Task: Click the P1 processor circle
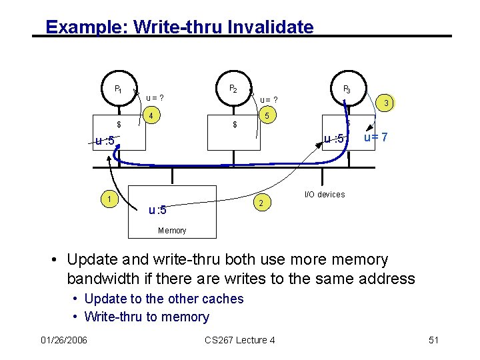(x=118, y=89)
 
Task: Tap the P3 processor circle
(x=347, y=89)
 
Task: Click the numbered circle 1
(x=106, y=198)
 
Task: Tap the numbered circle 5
(x=267, y=116)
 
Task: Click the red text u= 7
(x=376, y=137)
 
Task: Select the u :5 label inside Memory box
(x=157, y=211)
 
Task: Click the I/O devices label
(x=325, y=195)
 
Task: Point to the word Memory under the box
(x=172, y=231)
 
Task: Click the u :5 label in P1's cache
(x=105, y=141)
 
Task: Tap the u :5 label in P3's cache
(x=333, y=139)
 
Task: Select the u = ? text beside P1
(x=155, y=98)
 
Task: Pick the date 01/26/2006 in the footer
(x=63, y=341)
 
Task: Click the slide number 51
(x=434, y=341)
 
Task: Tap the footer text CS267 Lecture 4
(x=240, y=341)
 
